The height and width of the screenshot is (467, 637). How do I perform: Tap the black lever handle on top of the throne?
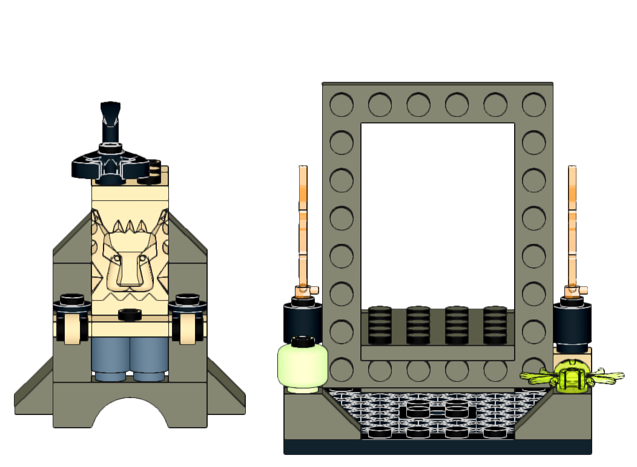pos(110,121)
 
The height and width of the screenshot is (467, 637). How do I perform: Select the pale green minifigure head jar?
pos(302,365)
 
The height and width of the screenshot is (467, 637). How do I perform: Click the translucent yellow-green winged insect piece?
pos(571,377)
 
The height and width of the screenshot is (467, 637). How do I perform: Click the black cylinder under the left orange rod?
pos(302,322)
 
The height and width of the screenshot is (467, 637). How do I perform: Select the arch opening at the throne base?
pos(130,414)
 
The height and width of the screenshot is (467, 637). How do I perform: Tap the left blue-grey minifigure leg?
pos(111,357)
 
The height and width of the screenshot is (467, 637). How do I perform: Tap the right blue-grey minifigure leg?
pos(150,357)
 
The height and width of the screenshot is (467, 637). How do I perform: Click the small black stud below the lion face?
pos(130,314)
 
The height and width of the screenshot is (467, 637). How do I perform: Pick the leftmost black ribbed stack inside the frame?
pos(379,325)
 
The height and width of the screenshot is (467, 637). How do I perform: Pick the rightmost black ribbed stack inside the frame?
pos(495,325)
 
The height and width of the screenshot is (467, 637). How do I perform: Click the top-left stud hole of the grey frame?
pos(342,105)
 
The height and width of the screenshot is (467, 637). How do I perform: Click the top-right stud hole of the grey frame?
pos(534,105)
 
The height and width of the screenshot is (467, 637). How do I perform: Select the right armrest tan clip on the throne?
pos(188,327)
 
